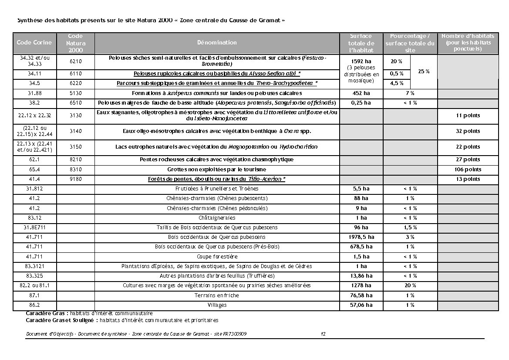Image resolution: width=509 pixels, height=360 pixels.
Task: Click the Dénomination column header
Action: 217,43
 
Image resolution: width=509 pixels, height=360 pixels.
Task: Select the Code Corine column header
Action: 34,43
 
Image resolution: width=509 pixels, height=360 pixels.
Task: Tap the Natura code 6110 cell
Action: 76,74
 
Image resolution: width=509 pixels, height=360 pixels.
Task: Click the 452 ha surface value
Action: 361,93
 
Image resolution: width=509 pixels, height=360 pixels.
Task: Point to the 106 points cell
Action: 468,170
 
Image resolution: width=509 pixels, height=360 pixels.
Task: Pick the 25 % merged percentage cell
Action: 424,71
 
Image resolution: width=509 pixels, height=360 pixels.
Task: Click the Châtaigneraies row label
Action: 217,218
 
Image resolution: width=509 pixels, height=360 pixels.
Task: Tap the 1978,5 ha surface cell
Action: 361,237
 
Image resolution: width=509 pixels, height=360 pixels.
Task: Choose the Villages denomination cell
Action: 217,305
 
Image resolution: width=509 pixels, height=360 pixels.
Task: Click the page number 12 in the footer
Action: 323,334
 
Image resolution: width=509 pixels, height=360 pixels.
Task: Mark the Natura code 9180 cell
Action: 76,179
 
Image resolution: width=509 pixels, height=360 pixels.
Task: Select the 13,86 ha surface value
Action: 361,276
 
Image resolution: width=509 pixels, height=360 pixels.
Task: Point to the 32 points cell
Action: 468,131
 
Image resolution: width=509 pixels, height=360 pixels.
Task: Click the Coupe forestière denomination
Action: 217,257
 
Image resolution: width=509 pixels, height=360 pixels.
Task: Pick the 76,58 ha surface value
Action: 361,295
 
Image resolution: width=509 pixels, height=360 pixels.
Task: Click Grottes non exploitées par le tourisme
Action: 217,170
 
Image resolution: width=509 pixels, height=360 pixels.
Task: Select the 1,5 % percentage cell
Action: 410,228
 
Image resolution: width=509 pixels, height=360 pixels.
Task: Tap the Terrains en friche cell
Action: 217,295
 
